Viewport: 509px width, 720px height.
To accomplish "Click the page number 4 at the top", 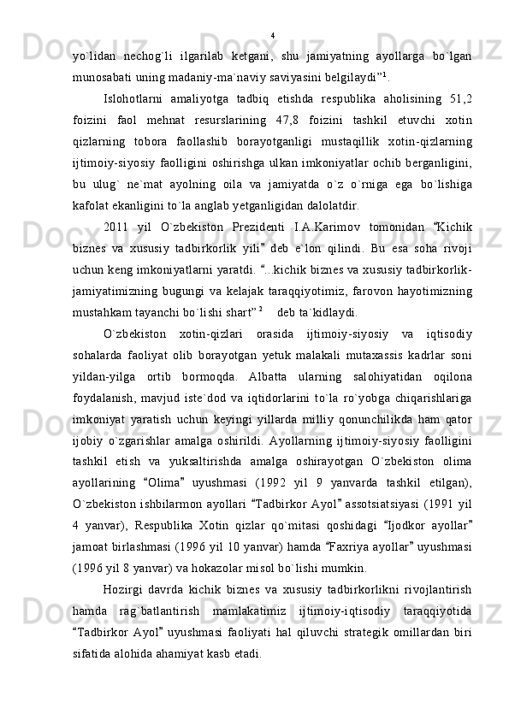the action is [272, 36].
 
